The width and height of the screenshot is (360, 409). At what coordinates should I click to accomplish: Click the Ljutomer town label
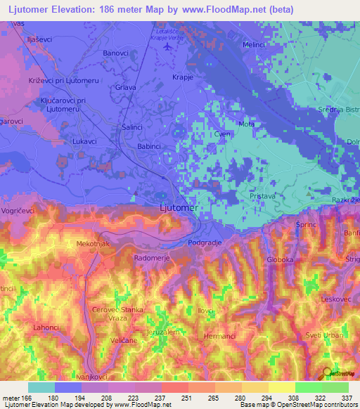179,209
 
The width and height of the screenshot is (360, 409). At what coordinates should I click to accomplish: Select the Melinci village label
255,44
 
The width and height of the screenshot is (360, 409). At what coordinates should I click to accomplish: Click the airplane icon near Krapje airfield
167,47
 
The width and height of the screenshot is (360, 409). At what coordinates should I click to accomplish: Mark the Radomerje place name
150,257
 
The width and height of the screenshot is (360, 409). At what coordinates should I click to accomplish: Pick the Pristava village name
264,199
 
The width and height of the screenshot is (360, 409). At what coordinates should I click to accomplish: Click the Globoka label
280,260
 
